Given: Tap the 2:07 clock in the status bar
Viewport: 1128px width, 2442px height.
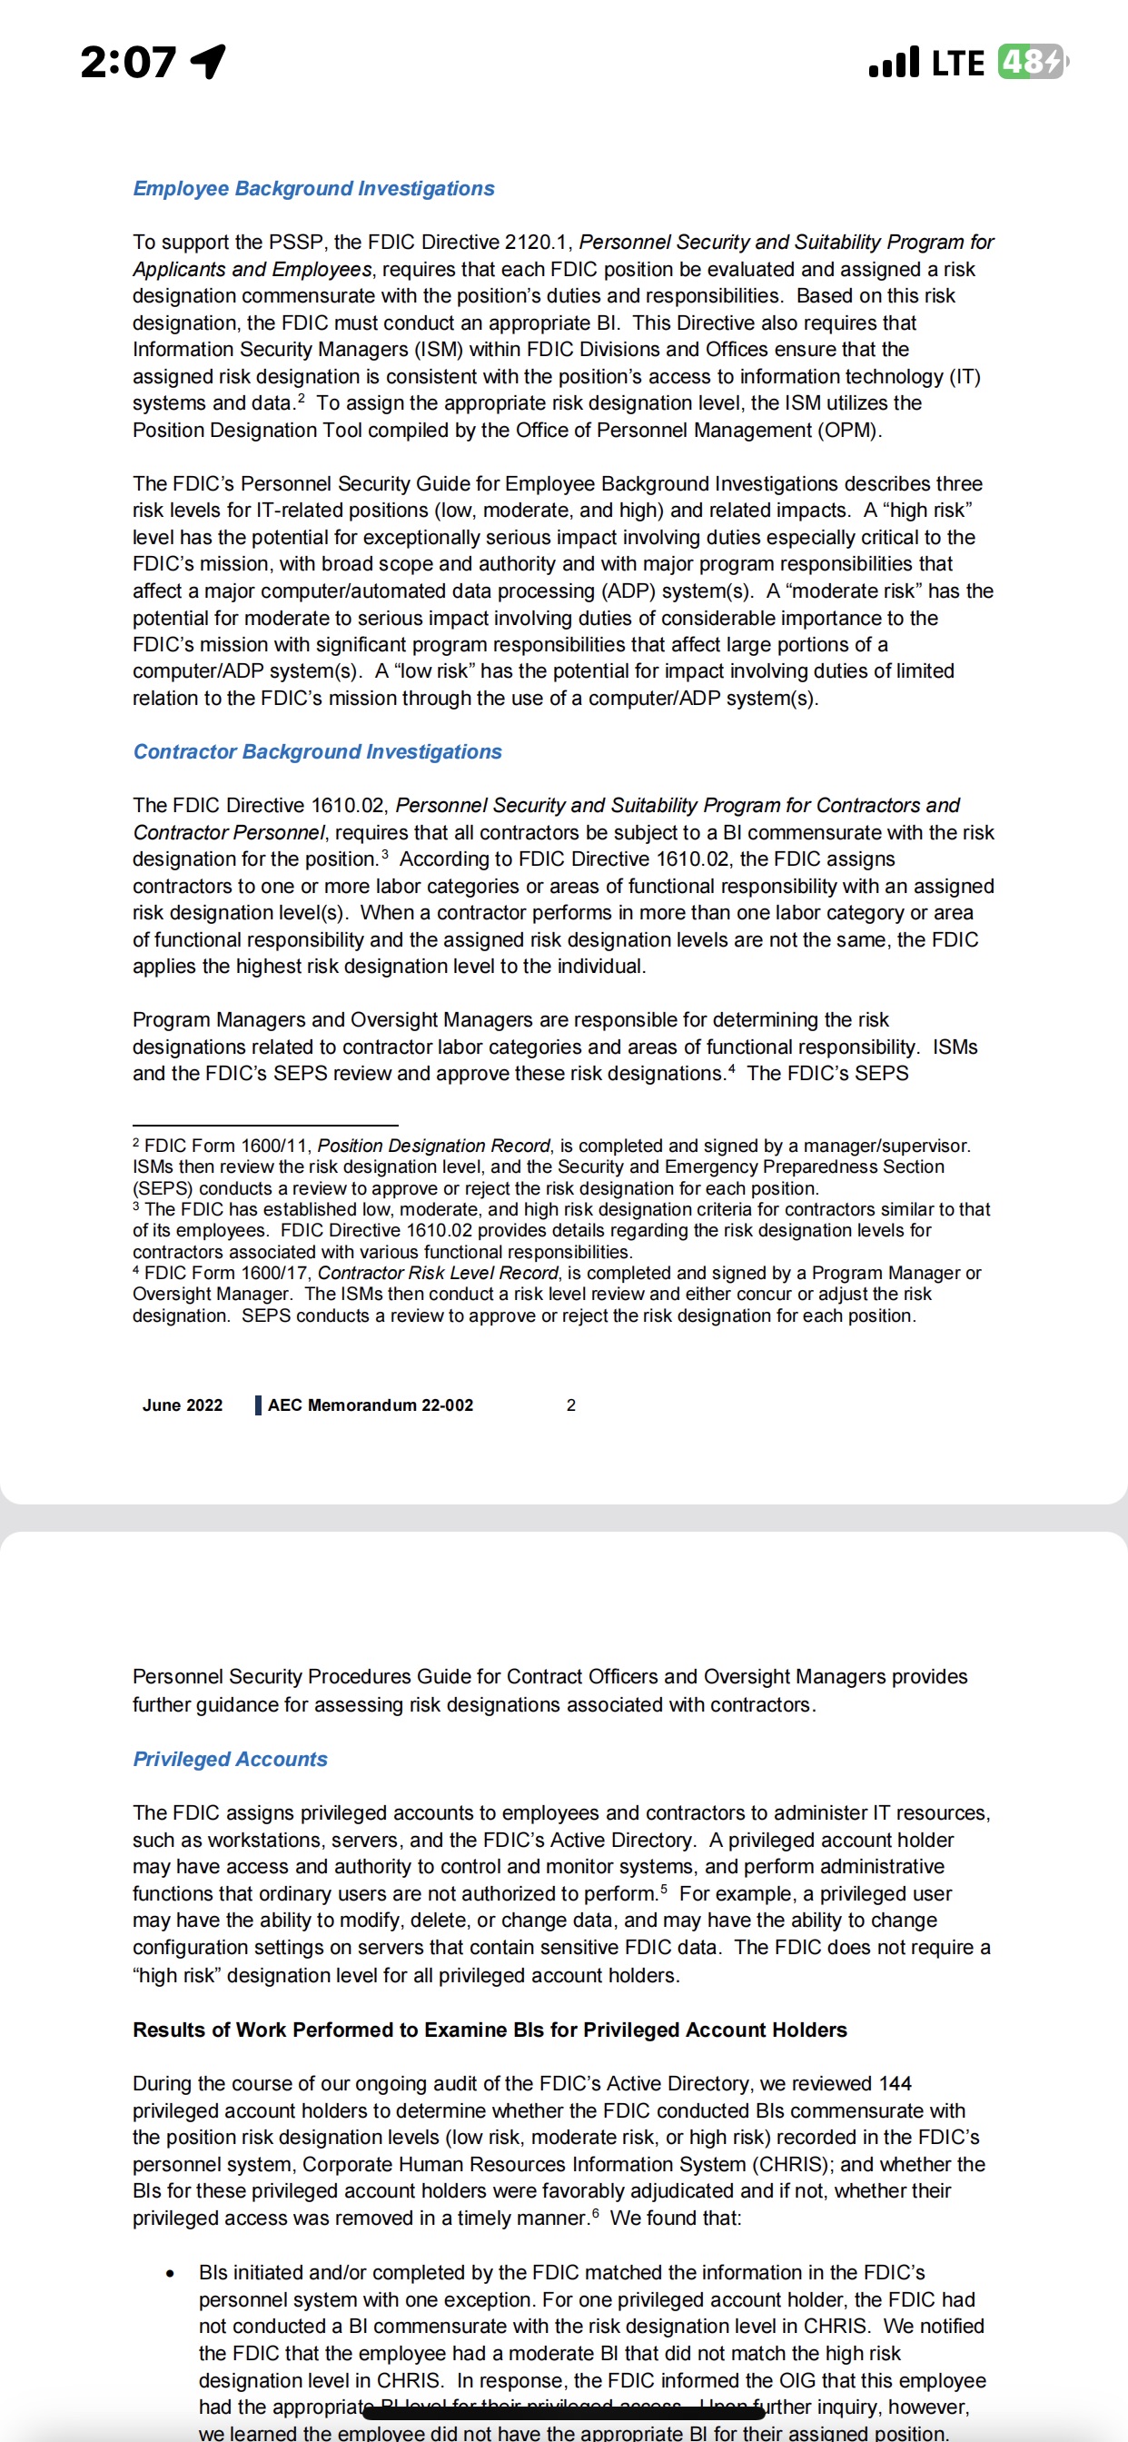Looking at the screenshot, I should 128,63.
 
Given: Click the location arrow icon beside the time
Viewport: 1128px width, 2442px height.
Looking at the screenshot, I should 210,62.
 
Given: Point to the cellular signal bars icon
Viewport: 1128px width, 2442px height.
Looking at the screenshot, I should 893,63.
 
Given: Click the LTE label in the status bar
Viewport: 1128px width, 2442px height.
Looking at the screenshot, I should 957,64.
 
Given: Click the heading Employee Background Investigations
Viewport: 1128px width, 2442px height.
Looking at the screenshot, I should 313,189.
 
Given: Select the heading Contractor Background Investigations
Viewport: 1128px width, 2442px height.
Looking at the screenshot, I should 318,751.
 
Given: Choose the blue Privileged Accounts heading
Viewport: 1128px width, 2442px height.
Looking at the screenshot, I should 231,1760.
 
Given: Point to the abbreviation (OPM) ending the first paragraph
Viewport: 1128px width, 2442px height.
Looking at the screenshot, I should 850,431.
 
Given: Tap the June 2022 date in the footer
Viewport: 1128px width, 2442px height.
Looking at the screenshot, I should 182,1405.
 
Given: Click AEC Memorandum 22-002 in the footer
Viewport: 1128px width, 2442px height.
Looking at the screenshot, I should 370,1405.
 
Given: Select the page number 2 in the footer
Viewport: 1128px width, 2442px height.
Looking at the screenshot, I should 570,1405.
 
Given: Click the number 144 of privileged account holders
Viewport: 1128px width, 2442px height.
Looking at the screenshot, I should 895,2084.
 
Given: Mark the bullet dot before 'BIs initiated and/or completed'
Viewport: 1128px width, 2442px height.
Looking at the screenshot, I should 170,2273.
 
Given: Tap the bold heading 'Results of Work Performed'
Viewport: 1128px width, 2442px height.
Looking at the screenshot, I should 490,2030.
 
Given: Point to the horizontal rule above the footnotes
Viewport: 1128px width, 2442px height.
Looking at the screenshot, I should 265,1126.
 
